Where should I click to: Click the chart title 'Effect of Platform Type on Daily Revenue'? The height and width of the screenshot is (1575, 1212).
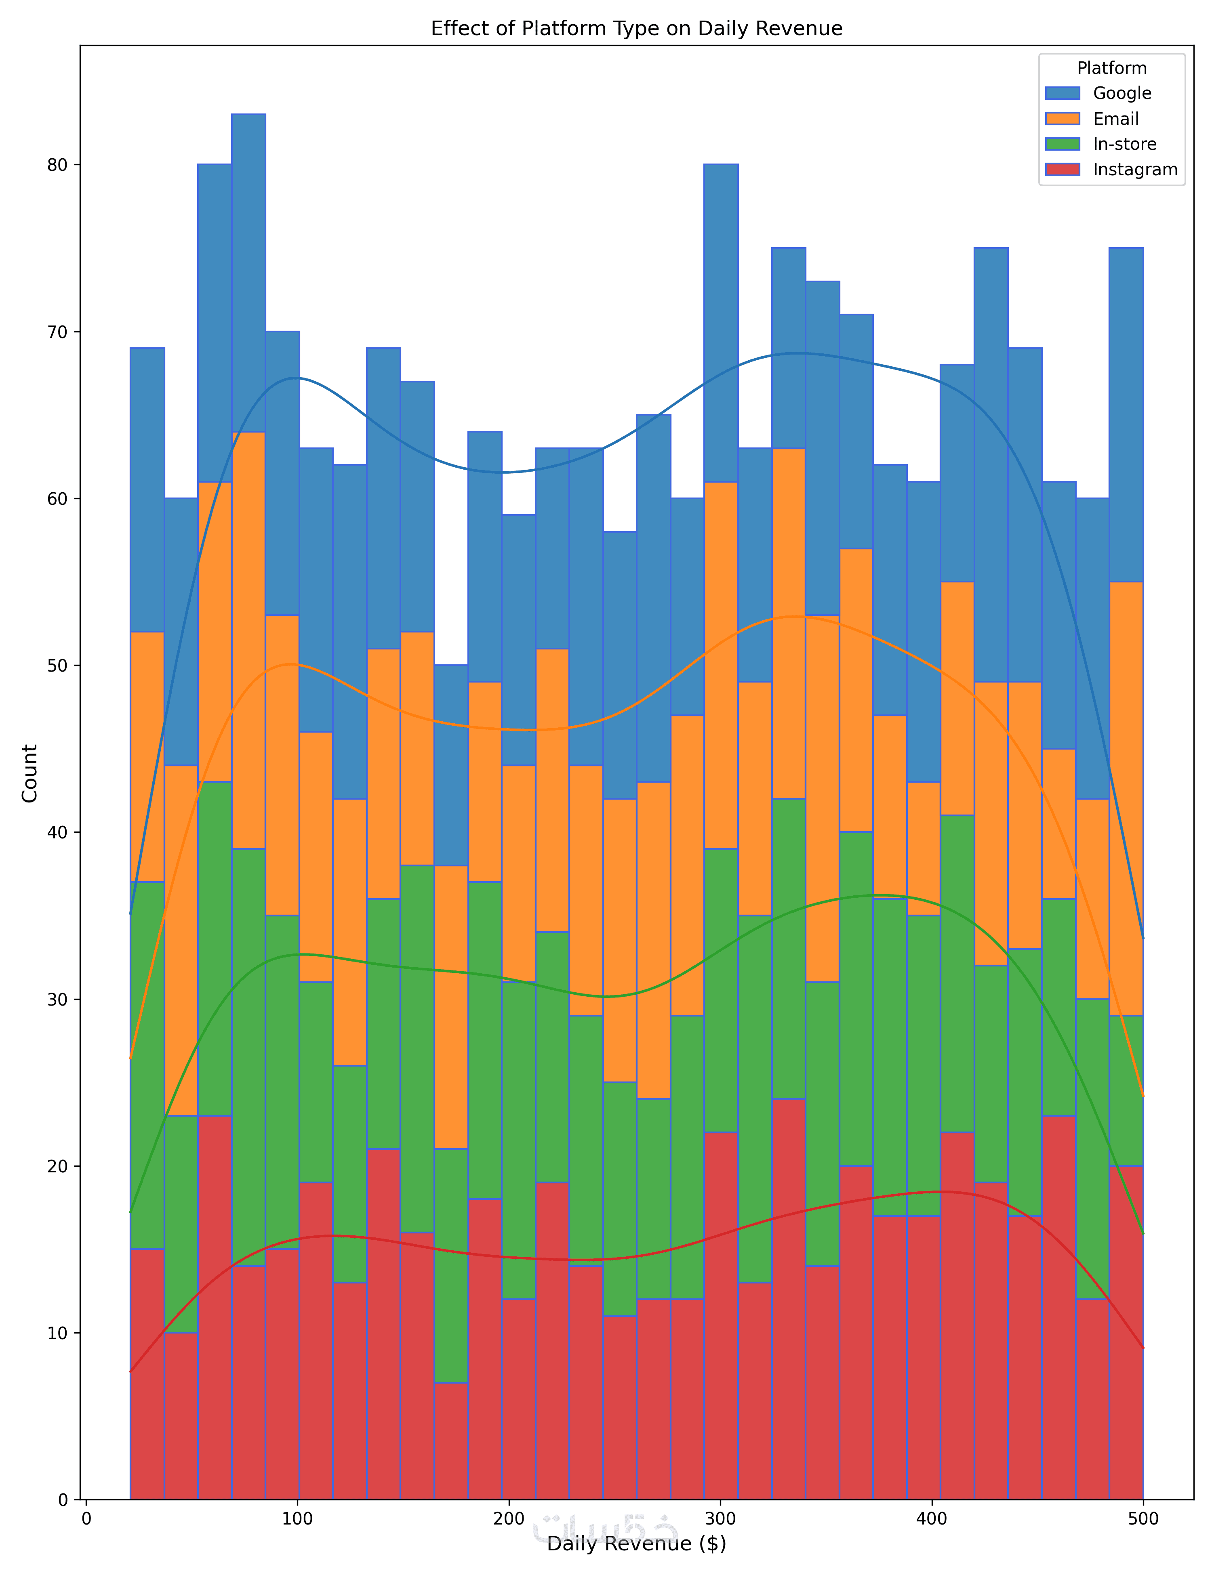point(636,29)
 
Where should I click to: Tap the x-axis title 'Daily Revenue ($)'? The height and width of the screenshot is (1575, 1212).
point(636,1544)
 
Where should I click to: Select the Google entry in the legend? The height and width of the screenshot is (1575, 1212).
point(1122,93)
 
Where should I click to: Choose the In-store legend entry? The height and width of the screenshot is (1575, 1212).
point(1124,144)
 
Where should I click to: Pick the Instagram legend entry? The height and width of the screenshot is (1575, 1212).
point(1135,170)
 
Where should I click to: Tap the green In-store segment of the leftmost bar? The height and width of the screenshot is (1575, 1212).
point(147,1065)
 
